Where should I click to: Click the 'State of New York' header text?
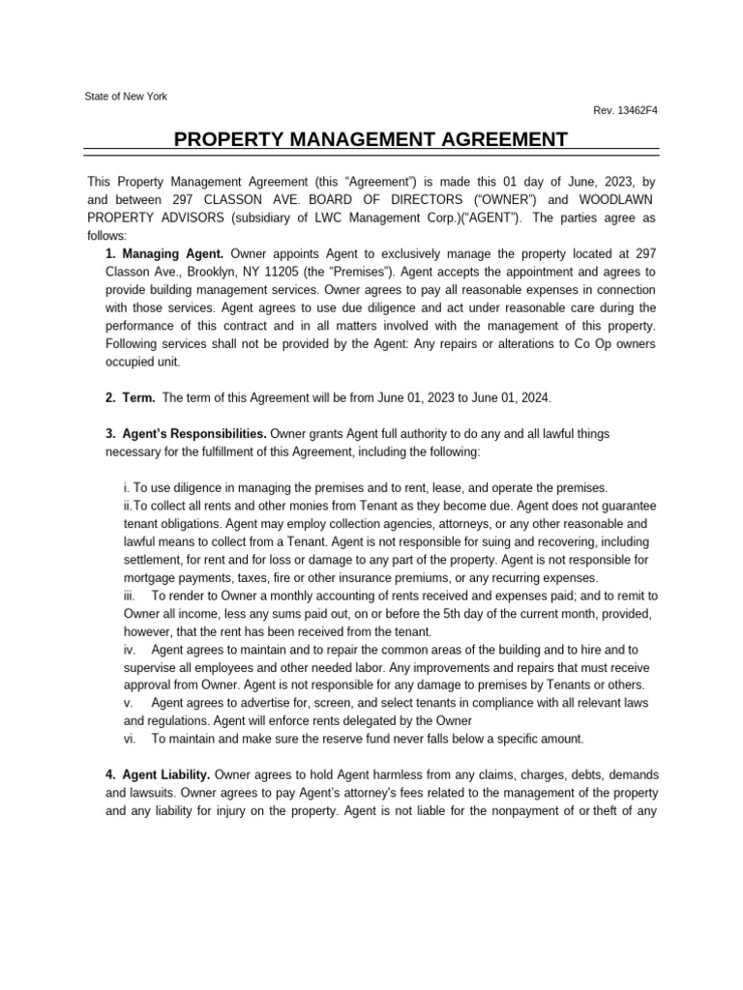coord(127,97)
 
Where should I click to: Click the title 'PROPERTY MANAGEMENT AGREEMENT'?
coord(371,140)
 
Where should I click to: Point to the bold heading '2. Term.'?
coord(130,397)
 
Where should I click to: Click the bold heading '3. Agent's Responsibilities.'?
coord(186,434)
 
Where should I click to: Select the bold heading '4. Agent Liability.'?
coord(157,774)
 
